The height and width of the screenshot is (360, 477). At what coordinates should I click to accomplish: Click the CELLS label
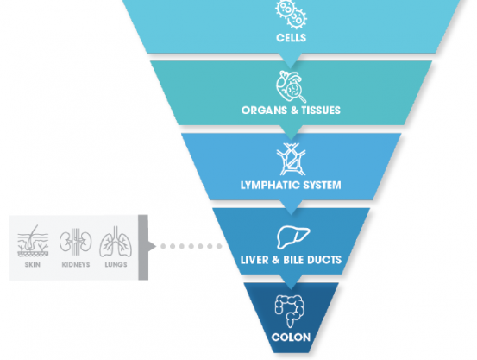coord(290,38)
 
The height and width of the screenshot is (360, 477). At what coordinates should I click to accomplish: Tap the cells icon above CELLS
coord(290,12)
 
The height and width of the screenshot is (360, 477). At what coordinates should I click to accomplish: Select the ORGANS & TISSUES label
coord(291,111)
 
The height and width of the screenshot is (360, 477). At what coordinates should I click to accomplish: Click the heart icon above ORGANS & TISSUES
coord(290,85)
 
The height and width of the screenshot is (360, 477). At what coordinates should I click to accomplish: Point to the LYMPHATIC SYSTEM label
coord(291,185)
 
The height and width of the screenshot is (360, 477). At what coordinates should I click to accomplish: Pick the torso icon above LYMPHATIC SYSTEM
coord(290,158)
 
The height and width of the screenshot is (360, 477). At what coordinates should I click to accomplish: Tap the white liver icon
coord(290,235)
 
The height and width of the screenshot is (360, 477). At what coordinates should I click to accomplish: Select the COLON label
coord(290,338)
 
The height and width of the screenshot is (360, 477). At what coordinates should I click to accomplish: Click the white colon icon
coord(290,310)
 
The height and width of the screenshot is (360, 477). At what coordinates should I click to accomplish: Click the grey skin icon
coord(33,241)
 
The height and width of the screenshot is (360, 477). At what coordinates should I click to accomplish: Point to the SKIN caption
coord(33,265)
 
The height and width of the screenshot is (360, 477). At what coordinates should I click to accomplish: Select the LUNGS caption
coord(115,265)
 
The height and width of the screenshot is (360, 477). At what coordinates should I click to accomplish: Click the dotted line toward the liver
coord(190,246)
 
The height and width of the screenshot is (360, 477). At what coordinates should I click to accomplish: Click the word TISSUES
coord(319,111)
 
